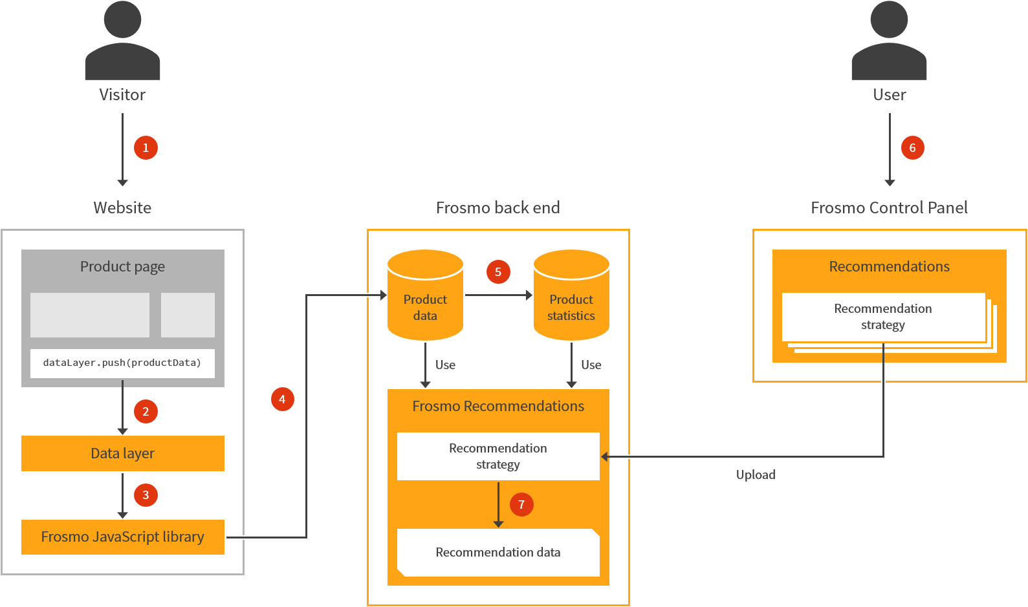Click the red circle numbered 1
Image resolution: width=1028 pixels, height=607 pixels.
coord(146,147)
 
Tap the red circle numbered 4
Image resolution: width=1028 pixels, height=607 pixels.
coord(282,399)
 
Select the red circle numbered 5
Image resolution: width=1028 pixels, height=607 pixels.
coord(498,272)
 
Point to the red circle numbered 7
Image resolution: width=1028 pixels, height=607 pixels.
coord(521,504)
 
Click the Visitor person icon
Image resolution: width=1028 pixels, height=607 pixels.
coord(122,42)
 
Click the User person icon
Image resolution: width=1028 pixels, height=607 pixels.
coord(889,42)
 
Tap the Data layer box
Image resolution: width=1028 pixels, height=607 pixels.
coord(122,453)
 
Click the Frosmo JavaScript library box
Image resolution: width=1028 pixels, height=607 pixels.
coord(122,537)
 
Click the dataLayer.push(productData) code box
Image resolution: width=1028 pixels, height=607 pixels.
coord(122,363)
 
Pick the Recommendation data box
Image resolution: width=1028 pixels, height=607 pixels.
coord(498,553)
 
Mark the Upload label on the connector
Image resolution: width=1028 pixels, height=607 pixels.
coord(756,474)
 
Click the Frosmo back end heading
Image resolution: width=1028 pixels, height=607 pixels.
coord(498,208)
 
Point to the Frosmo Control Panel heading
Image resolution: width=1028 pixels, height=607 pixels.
coord(889,208)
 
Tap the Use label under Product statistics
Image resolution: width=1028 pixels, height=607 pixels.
coord(591,365)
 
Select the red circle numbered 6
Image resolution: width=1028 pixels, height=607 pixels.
coord(912,147)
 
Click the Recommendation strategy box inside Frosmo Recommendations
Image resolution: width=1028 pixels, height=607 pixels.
coord(498,456)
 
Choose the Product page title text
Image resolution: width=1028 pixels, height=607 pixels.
coord(122,266)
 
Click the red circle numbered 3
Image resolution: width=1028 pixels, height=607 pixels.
coord(146,495)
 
